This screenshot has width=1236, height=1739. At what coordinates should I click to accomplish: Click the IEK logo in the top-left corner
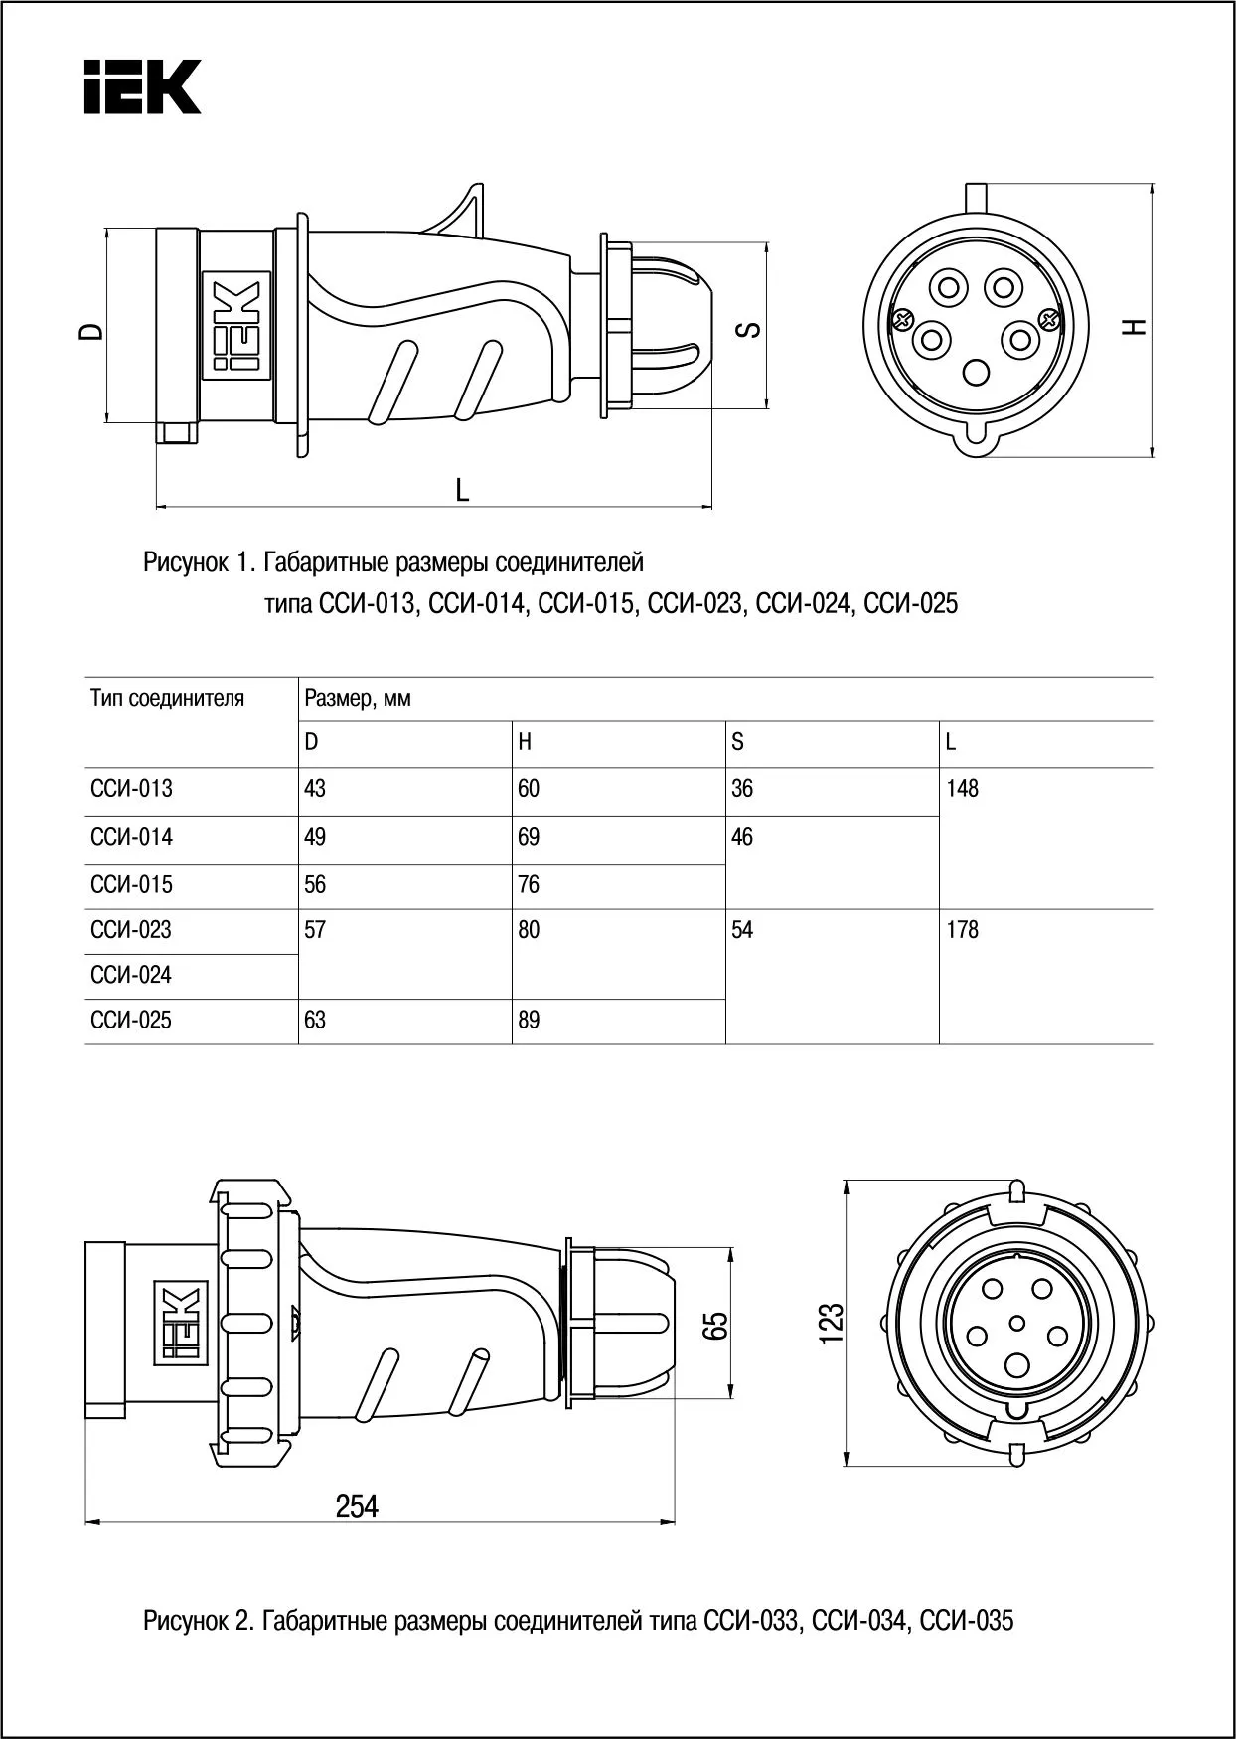[x=141, y=86]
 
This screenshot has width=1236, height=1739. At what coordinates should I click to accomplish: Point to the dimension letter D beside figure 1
[x=92, y=330]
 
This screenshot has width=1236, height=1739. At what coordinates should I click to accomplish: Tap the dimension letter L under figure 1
[x=462, y=490]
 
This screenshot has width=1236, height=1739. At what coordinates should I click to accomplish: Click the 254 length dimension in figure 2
[x=357, y=1507]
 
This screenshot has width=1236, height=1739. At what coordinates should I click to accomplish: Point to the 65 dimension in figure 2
[x=715, y=1326]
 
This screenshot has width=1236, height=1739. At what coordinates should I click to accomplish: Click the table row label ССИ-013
[x=131, y=789]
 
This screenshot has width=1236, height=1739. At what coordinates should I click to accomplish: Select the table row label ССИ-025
[x=131, y=1021]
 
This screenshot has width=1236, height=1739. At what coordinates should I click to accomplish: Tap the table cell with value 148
[x=963, y=789]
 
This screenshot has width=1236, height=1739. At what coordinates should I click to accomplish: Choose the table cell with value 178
[x=963, y=930]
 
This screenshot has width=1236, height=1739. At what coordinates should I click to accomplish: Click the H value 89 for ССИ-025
[x=529, y=1021]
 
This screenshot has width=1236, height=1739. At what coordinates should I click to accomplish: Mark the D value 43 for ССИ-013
[x=315, y=789]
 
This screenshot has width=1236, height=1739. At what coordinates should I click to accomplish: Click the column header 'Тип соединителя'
[x=167, y=698]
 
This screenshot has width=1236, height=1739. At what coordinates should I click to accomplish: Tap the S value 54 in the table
[x=742, y=930]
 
